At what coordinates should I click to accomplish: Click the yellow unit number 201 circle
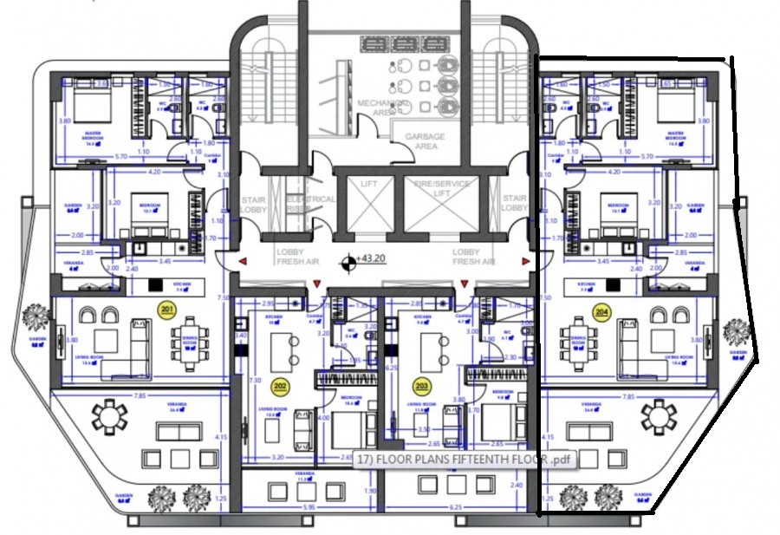coord(167,309)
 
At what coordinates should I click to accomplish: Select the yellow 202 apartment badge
coord(280,385)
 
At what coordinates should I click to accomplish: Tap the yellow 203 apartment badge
coord(422,385)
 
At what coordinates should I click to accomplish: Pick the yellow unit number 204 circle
coord(600,310)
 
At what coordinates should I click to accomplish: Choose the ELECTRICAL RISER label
coord(310,204)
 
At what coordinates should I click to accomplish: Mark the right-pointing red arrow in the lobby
coord(525,260)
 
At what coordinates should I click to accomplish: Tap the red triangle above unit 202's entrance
coord(317,283)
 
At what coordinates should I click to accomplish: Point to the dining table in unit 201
coord(190,334)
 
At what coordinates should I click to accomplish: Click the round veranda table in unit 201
coord(113,418)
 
